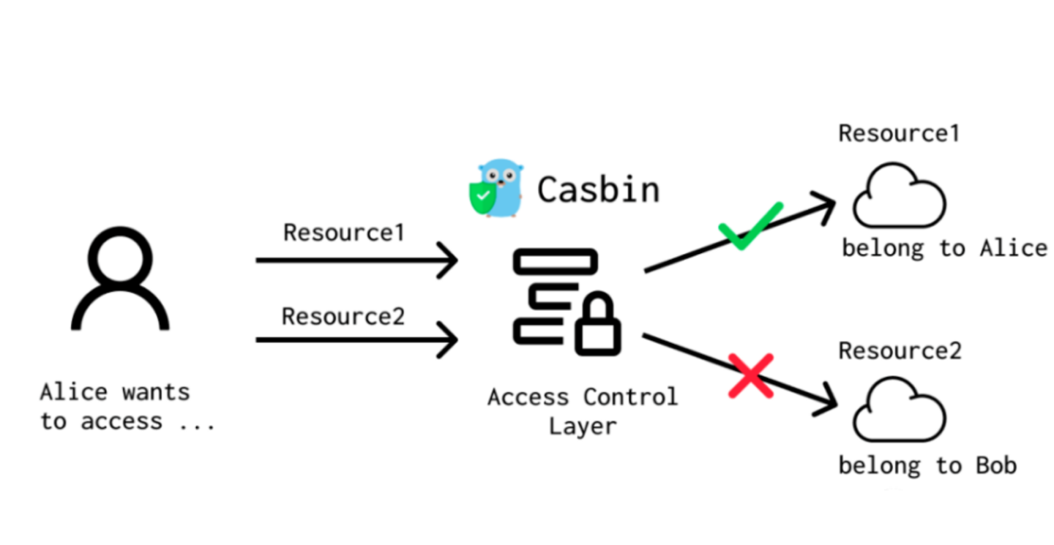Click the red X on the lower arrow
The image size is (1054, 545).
pyautogui.click(x=751, y=375)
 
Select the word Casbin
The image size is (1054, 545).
pyautogui.click(x=598, y=189)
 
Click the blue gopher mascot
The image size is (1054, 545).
pyautogui.click(x=502, y=188)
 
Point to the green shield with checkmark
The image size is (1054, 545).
pyautogui.click(x=481, y=196)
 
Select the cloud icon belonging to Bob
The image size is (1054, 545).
pyautogui.click(x=899, y=413)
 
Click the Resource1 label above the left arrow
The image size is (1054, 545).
pyautogui.click(x=343, y=233)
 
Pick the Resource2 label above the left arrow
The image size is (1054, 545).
pyautogui.click(x=343, y=317)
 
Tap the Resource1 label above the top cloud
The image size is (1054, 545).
pyautogui.click(x=899, y=134)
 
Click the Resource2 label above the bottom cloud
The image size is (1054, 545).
pyautogui.click(x=899, y=351)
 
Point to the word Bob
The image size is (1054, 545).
pyautogui.click(x=996, y=465)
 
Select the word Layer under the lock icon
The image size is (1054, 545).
pyautogui.click(x=583, y=426)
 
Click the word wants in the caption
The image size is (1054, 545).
pyautogui.click(x=155, y=392)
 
